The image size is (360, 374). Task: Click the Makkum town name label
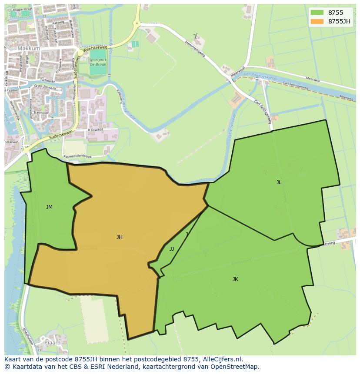[x=29, y=49]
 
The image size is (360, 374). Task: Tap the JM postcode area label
[x=49, y=207]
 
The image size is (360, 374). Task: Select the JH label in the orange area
[x=119, y=237]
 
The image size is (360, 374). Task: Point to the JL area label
[x=279, y=182]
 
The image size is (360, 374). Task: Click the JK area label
[x=235, y=279]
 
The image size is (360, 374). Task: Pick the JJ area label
[x=172, y=249]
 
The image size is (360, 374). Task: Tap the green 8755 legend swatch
[x=317, y=13]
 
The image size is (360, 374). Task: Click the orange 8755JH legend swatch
[x=317, y=21]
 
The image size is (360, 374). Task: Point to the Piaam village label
[x=52, y=343]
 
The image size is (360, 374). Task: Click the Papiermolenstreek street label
[x=77, y=156]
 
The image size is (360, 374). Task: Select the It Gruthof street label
[x=95, y=129]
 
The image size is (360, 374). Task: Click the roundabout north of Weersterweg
[x=137, y=24]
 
